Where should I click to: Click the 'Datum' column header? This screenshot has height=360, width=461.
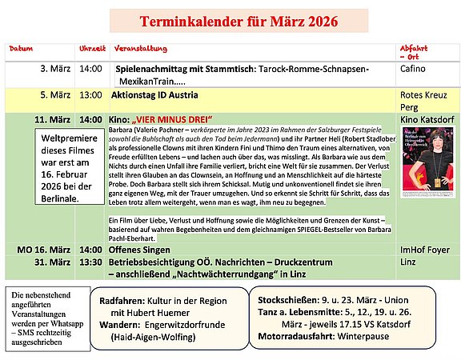(21, 49)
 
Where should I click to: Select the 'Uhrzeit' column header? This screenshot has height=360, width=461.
(91, 49)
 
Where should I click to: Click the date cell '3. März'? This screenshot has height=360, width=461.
(55, 69)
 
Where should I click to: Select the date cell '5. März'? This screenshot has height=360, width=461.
(55, 94)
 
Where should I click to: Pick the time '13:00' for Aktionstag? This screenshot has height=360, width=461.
(90, 94)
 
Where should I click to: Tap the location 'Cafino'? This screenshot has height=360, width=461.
(414, 69)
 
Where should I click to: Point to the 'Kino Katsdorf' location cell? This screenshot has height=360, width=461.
(427, 119)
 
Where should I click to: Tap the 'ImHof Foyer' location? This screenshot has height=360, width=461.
(427, 250)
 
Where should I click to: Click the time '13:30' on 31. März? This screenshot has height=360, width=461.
(90, 262)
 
